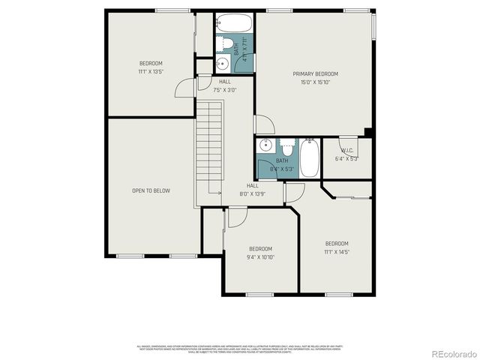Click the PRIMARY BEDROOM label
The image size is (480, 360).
coord(315,73)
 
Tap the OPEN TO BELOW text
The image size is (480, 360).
coord(151,190)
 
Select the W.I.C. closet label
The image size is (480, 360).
coord(347,148)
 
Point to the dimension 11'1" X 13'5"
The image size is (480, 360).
coord(151,72)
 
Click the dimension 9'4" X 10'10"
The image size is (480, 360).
coord(260,257)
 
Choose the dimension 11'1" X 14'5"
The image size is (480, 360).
coord(337,252)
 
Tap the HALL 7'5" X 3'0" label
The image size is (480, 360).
coord(225,85)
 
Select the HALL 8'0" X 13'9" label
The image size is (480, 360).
coord(253,190)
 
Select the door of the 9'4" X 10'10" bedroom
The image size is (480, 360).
coord(238,217)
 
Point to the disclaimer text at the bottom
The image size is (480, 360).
coord(239,349)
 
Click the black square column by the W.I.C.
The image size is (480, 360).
coord(368,133)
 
